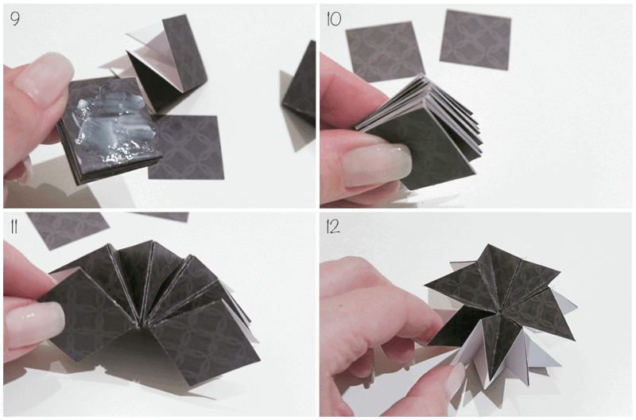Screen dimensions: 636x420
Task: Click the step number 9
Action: pos(15,18)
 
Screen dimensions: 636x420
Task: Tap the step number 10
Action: pos(334,18)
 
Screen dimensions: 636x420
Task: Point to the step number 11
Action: pos(14,227)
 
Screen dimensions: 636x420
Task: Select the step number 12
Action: pos(333,227)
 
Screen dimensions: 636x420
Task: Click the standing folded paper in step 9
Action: pos(170,65)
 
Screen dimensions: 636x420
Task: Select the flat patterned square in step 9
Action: pos(187,147)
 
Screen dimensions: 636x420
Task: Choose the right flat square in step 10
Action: pos(475,39)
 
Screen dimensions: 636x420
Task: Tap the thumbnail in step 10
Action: pos(375,165)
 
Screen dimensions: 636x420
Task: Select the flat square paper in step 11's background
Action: pos(67,229)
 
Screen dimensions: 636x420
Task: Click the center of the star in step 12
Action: pos(495,313)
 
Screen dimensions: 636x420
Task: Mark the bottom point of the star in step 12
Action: pos(491,383)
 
